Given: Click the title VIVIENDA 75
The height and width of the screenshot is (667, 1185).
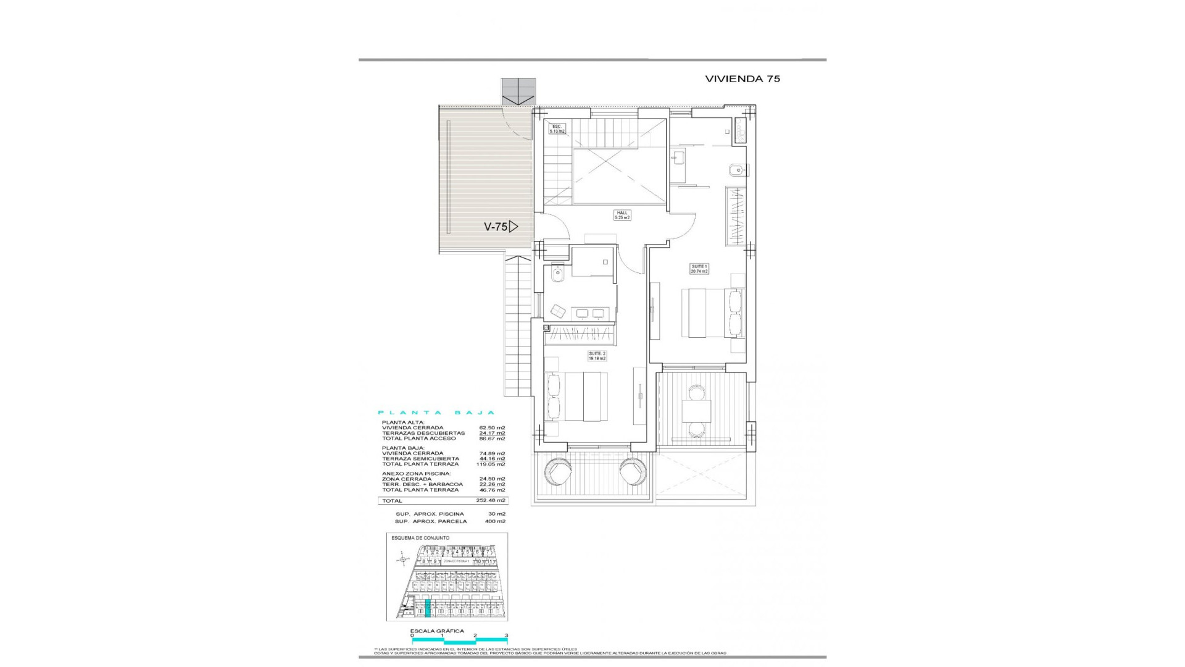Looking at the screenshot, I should click(742, 79).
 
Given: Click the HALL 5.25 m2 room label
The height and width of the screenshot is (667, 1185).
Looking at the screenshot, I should click(621, 216).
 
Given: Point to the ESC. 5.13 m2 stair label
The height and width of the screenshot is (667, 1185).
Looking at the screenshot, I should click(557, 129).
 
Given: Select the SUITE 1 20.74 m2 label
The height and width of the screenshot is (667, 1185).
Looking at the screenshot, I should click(699, 269).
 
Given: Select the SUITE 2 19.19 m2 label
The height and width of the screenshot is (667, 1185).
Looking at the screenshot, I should click(597, 356).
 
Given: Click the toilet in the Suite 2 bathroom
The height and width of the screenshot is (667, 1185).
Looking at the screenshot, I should click(558, 272).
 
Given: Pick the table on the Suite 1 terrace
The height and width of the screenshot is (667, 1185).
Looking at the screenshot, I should click(696, 411).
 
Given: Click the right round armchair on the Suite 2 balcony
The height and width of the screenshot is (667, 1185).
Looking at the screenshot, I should click(634, 474).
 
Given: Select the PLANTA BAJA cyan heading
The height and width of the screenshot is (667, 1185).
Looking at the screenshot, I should click(436, 413).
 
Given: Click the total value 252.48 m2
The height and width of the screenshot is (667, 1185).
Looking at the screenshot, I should click(492, 501).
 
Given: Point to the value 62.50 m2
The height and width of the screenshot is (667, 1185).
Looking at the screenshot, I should click(492, 427).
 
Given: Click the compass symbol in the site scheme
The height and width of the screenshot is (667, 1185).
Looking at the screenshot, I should click(403, 560).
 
